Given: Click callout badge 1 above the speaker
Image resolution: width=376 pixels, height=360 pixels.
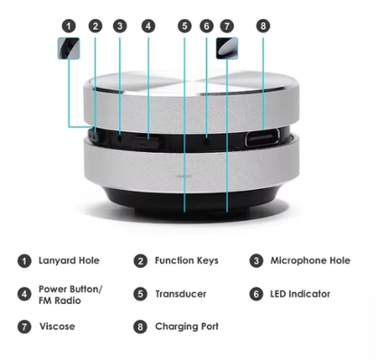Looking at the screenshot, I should (x=69, y=26).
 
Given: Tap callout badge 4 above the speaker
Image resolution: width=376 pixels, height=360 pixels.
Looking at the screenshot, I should (x=147, y=26).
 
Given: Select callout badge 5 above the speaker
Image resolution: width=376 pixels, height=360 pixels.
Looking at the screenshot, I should (x=184, y=26).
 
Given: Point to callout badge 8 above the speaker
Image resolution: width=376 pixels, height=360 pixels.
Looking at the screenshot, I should (x=263, y=26).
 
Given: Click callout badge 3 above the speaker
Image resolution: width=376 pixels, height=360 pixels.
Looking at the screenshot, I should (x=119, y=26).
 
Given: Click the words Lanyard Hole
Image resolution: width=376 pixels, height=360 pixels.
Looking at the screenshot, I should (x=69, y=261).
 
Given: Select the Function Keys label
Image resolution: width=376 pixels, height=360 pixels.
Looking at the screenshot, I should (x=186, y=261).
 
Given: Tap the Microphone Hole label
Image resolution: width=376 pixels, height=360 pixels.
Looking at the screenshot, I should (x=310, y=261).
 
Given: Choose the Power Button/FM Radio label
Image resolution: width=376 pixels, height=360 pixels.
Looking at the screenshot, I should (x=70, y=294).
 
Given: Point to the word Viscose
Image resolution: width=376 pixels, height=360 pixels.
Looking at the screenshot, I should (x=57, y=326).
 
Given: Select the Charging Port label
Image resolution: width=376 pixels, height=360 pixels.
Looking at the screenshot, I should (x=186, y=326).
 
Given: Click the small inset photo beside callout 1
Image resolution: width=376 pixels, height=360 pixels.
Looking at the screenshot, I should (x=68, y=50).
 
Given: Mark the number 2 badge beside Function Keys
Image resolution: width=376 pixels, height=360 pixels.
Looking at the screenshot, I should (x=140, y=261).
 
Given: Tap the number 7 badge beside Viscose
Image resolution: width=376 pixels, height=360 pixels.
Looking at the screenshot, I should (x=23, y=327).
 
